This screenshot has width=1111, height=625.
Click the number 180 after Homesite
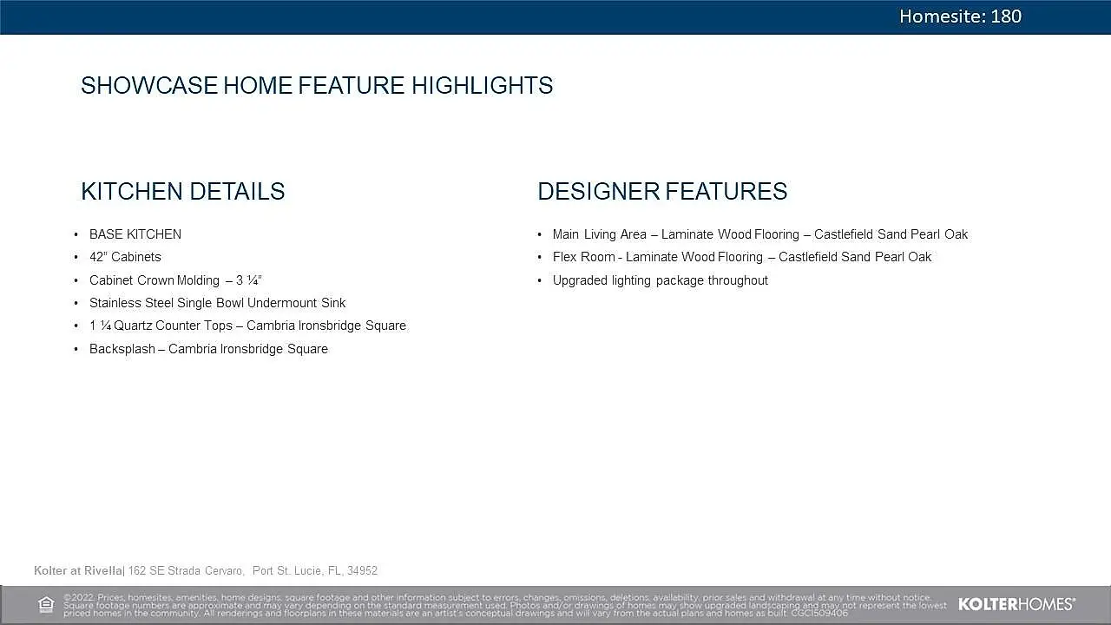pyautogui.click(x=1006, y=16)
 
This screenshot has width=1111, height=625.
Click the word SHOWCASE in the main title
pyautogui.click(x=148, y=85)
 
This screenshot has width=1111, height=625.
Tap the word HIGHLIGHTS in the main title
pyautogui.click(x=482, y=85)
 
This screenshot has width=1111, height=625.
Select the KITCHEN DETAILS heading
pyautogui.click(x=183, y=191)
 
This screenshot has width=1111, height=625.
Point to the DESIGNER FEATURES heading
pyautogui.click(x=662, y=191)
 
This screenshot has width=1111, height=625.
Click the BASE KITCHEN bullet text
pyautogui.click(x=135, y=234)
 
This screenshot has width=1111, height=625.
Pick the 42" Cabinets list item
pyautogui.click(x=125, y=257)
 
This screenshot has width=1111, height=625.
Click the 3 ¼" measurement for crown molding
pyautogui.click(x=249, y=280)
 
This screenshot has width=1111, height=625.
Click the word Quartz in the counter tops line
pyautogui.click(x=133, y=326)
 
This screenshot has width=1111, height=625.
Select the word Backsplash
pyautogui.click(x=122, y=349)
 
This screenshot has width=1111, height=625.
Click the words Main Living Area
pyautogui.click(x=600, y=234)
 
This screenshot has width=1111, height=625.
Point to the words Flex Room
pyautogui.click(x=584, y=257)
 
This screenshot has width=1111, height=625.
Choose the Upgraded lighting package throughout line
pyautogui.click(x=661, y=280)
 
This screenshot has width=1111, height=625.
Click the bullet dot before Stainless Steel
pyautogui.click(x=76, y=303)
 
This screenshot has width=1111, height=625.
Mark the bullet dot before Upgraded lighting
pyautogui.click(x=540, y=280)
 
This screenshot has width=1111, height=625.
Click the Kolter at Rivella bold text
pyautogui.click(x=78, y=570)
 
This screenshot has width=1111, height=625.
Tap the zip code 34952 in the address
pyautogui.click(x=362, y=570)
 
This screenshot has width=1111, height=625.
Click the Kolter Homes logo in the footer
pyautogui.click(x=1016, y=604)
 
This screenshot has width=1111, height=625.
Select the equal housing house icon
pyautogui.click(x=46, y=605)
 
